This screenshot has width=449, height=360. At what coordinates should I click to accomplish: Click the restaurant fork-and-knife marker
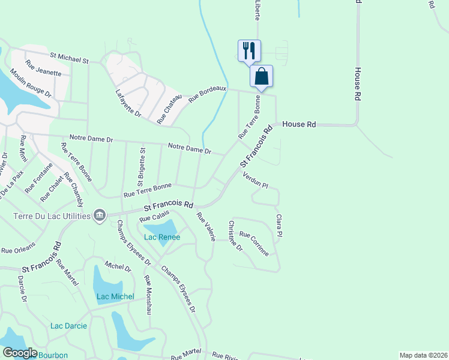pos(250,50)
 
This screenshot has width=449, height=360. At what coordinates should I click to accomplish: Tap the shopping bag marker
pos(261,76)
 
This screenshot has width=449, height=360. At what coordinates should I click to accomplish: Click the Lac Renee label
pos(161,237)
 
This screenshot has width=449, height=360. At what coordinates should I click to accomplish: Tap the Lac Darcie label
pos(68,326)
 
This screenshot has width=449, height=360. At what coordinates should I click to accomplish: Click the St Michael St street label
pos(69,57)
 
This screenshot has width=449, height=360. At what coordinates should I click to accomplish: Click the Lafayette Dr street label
pos(128,103)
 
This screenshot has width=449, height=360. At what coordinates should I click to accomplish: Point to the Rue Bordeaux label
pos(208,94)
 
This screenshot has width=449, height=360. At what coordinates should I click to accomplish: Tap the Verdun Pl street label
pos(255,179)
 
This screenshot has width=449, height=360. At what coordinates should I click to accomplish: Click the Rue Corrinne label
pos(254,244)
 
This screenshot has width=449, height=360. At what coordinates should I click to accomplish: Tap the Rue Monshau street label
pos(148,295)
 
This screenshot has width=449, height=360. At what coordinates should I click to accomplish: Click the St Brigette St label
pos(143,164)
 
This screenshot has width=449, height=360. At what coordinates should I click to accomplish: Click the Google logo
pos(20,353)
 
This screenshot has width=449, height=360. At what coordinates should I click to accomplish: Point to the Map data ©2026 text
pos(424,355)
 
